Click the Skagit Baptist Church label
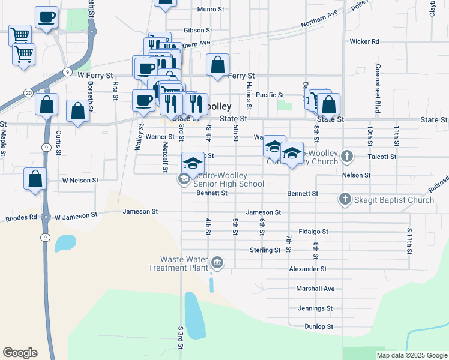point(393,200)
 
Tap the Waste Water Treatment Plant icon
point(217,263)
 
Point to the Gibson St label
point(198,30)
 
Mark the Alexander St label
point(307,269)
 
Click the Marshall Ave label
point(315,289)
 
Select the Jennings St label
point(315,308)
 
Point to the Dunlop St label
point(318,326)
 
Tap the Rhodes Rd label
point(21,218)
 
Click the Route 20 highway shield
point(28,92)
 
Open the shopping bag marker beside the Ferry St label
point(217,64)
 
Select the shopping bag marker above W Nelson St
point(35,178)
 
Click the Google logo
point(20,353)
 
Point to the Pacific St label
point(270,95)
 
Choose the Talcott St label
point(385,157)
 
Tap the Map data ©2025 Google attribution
point(412,355)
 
